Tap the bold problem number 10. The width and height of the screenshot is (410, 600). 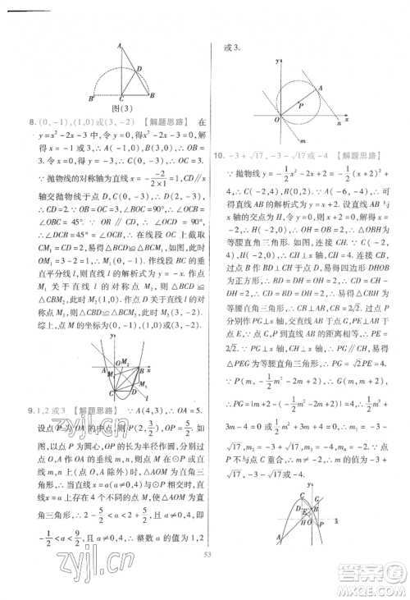click(217, 155)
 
